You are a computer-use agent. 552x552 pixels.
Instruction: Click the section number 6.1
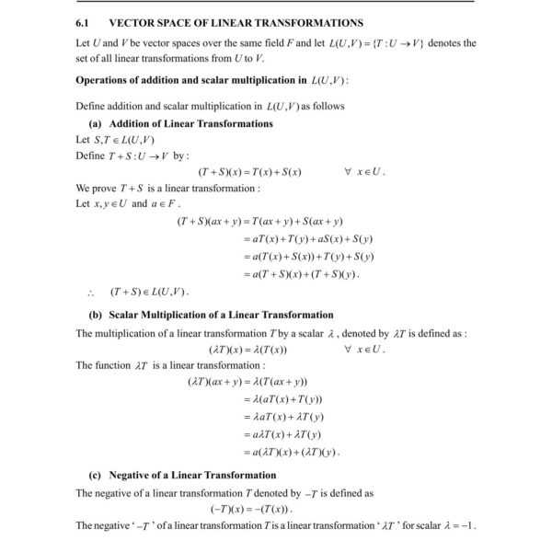click(83, 22)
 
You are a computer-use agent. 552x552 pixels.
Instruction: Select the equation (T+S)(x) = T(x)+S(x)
click(250, 172)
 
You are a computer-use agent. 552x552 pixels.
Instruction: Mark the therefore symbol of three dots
click(89, 293)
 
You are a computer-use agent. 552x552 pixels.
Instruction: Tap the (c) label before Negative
click(95, 476)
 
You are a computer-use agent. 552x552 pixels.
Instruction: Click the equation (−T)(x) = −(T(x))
click(251, 509)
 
